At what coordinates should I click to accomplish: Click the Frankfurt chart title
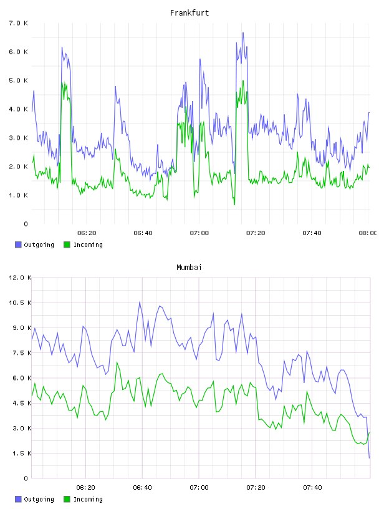(x=189, y=12)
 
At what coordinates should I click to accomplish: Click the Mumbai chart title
(x=189, y=267)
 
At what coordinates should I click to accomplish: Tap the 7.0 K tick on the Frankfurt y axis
(x=18, y=23)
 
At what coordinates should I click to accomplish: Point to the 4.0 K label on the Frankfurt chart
(x=18, y=109)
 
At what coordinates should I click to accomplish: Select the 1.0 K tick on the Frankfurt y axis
(x=18, y=195)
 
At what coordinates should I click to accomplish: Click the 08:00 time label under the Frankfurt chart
(x=368, y=233)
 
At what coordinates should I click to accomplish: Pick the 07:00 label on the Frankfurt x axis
(x=199, y=233)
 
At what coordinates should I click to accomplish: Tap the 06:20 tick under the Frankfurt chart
(x=87, y=233)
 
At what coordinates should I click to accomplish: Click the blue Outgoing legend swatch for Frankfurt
(x=18, y=245)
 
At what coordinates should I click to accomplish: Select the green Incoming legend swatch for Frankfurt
(x=67, y=245)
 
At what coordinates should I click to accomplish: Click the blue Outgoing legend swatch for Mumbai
(x=18, y=499)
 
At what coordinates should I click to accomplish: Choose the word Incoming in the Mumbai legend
(x=88, y=499)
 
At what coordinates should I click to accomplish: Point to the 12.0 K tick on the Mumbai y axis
(x=20, y=278)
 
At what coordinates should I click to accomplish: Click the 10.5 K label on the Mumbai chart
(x=20, y=303)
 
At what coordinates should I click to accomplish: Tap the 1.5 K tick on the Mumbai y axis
(x=22, y=453)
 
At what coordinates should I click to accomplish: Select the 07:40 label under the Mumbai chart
(x=312, y=487)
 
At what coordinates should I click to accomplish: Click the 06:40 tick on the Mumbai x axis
(x=143, y=487)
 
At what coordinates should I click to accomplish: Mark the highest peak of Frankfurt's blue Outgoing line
(x=243, y=33)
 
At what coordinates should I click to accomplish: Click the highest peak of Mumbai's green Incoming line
(x=117, y=362)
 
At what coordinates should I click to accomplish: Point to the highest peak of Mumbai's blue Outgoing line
(x=140, y=302)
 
